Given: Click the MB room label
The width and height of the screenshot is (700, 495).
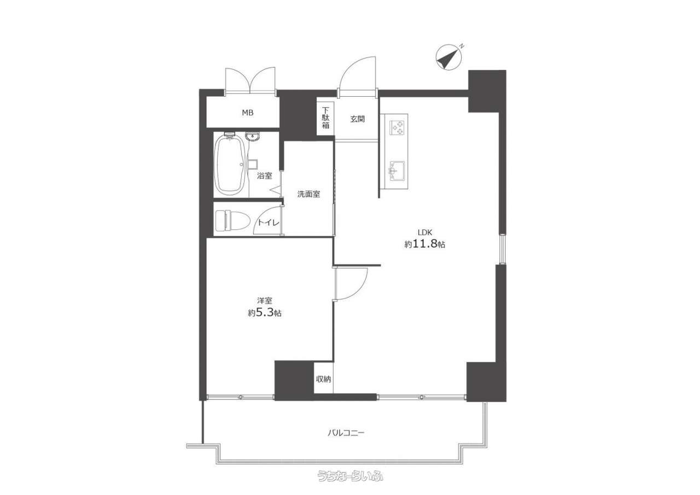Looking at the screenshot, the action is pyautogui.click(x=248, y=113).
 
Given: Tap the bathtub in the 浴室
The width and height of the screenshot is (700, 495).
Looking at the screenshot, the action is pyautogui.click(x=231, y=165).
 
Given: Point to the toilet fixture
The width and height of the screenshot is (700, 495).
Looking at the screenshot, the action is pyautogui.click(x=233, y=221).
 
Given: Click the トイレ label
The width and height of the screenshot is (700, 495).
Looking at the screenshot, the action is pyautogui.click(x=268, y=222).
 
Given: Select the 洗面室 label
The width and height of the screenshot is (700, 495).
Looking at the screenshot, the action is pyautogui.click(x=308, y=194).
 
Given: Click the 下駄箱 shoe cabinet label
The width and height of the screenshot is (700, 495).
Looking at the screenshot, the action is pyautogui.click(x=325, y=118).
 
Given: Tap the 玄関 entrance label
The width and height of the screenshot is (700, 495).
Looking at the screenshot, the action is pyautogui.click(x=358, y=119).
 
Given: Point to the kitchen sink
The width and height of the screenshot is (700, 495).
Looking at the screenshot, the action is pyautogui.click(x=396, y=170).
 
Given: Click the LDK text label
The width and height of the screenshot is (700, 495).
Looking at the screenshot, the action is pyautogui.click(x=425, y=232).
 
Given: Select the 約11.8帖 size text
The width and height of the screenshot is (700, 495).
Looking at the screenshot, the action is pyautogui.click(x=425, y=244).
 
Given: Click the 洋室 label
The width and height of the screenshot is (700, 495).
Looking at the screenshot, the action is pyautogui.click(x=264, y=300).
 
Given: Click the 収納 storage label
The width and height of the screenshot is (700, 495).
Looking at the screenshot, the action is pyautogui.click(x=323, y=379).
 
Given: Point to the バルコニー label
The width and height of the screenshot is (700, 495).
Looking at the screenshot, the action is pyautogui.click(x=346, y=433).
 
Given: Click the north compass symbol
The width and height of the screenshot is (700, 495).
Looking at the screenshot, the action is pyautogui.click(x=448, y=57).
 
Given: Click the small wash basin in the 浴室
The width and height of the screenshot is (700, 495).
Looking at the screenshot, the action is pyautogui.click(x=252, y=137).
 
